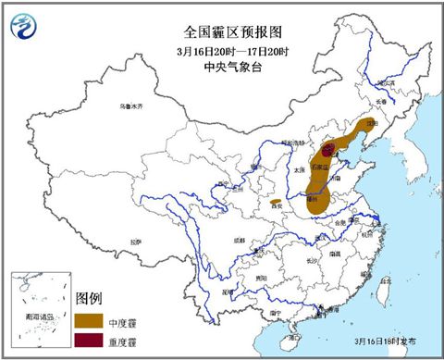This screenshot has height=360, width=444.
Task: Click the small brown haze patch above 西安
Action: coord(276,201)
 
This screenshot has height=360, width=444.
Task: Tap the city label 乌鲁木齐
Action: coord(132,106)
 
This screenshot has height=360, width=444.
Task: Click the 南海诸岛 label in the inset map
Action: coord(38,317)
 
